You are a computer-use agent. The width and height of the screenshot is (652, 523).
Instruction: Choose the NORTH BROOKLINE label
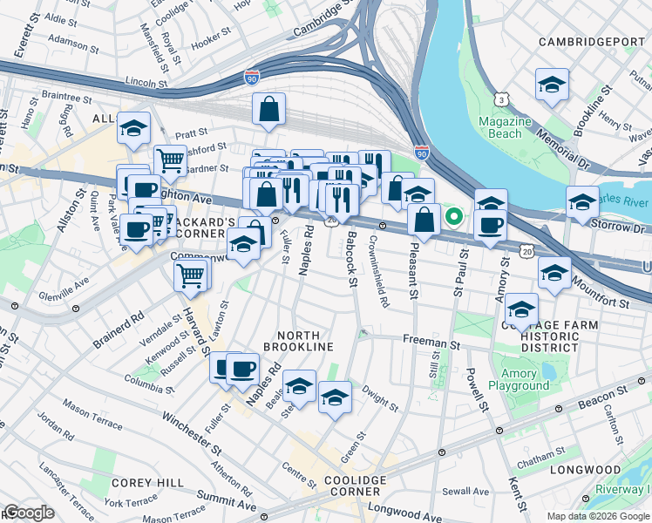coord(305,341)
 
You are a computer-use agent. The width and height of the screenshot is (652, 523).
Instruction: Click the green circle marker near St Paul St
coord(453,216)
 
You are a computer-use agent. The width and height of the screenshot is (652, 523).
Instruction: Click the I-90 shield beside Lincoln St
coord(252,78)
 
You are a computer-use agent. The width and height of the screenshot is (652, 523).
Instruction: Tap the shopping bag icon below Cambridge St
coord(269,110)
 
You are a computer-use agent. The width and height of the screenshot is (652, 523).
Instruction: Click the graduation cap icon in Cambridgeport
coord(552,85)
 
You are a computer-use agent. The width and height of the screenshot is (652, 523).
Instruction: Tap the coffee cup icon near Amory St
coord(490,223)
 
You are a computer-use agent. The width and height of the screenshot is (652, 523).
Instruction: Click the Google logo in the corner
coord(28,513)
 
